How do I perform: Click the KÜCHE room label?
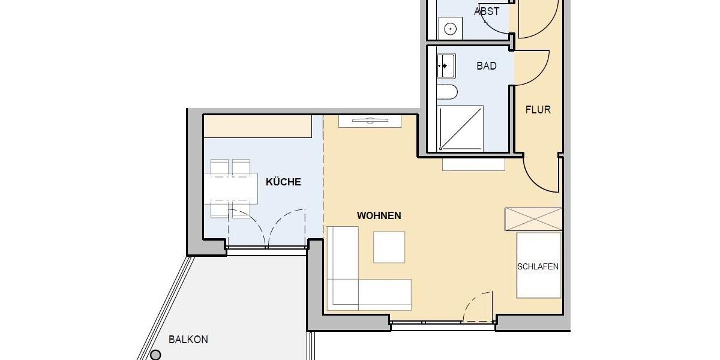pos(283,182)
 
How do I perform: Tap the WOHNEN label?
pos(379,215)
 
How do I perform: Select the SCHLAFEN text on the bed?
pos(538,266)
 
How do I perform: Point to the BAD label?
pos(487,66)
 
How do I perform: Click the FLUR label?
pos(538,110)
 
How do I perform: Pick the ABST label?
pos(487,11)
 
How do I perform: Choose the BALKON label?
pos(188,340)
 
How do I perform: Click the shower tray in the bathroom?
pos(461,128)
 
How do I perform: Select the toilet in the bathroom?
pos(446,92)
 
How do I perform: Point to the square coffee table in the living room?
pos(389,247)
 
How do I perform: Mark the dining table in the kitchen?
pos(230,188)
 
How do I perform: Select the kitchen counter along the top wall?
pos(257,127)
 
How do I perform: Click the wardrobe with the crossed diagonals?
pos(533,219)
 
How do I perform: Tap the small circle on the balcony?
pos(155,355)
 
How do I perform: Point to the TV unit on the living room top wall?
pos(370,121)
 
